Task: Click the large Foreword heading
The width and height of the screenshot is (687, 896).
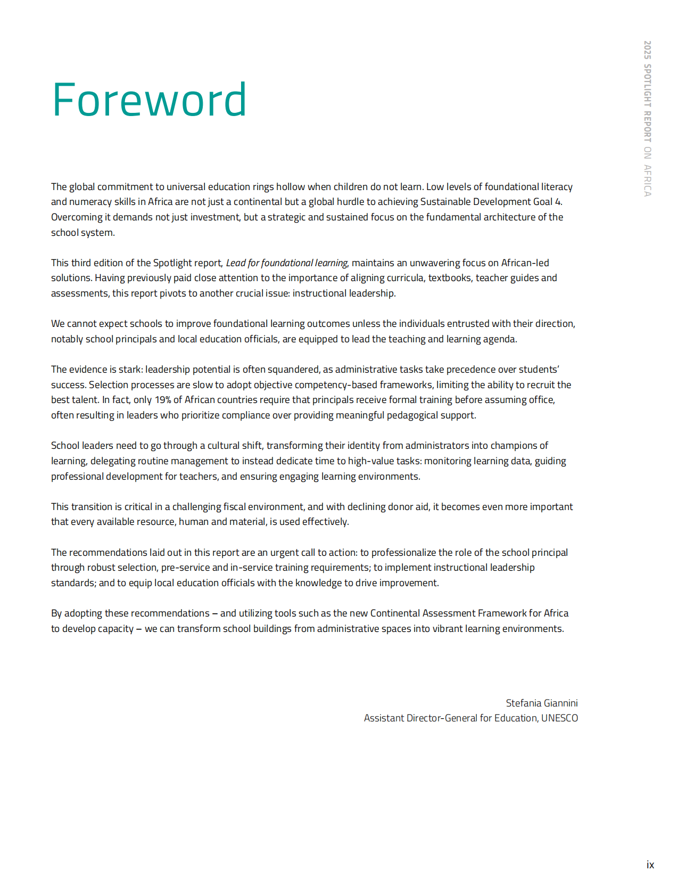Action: (149, 100)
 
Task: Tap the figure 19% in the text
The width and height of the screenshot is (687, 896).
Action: (163, 400)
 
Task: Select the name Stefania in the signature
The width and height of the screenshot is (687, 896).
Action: (522, 703)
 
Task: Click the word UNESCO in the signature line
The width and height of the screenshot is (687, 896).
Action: (559, 718)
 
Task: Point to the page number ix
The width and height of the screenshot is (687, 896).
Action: (650, 865)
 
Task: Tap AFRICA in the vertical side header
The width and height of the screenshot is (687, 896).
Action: (647, 180)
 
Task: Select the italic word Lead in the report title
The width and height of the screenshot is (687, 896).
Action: (236, 263)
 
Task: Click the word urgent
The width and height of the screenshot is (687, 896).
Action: (285, 553)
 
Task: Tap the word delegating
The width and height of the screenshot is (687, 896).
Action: (113, 461)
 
